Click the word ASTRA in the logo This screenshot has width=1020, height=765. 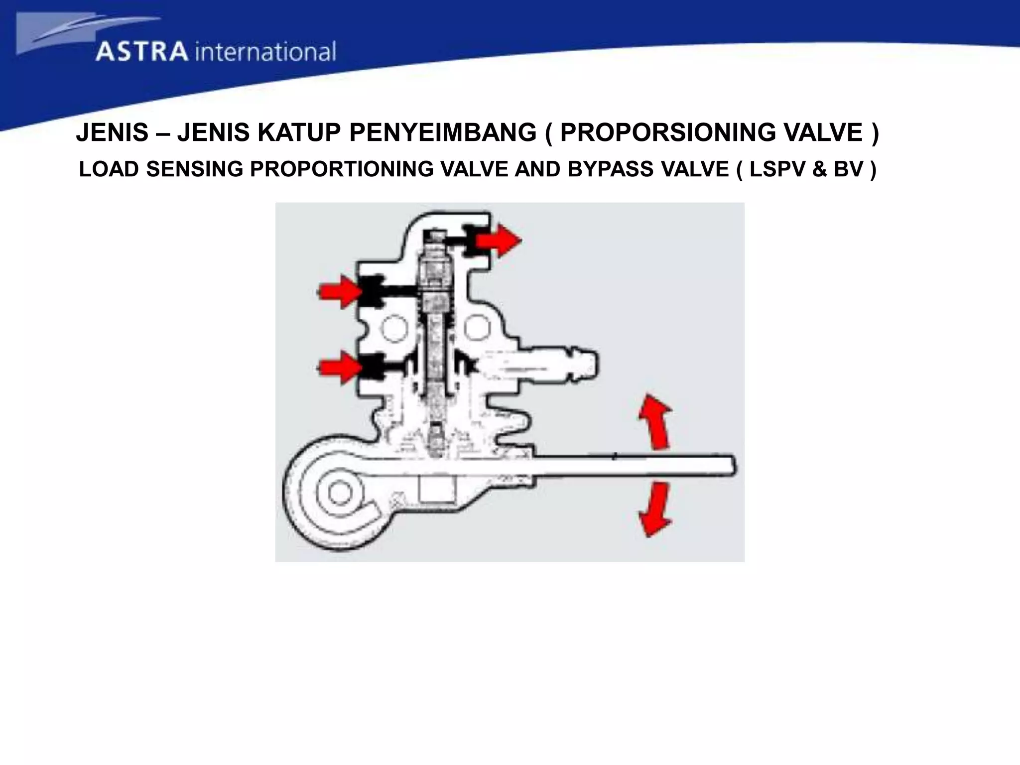tap(142, 52)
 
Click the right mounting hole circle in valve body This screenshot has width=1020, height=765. tap(479, 328)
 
